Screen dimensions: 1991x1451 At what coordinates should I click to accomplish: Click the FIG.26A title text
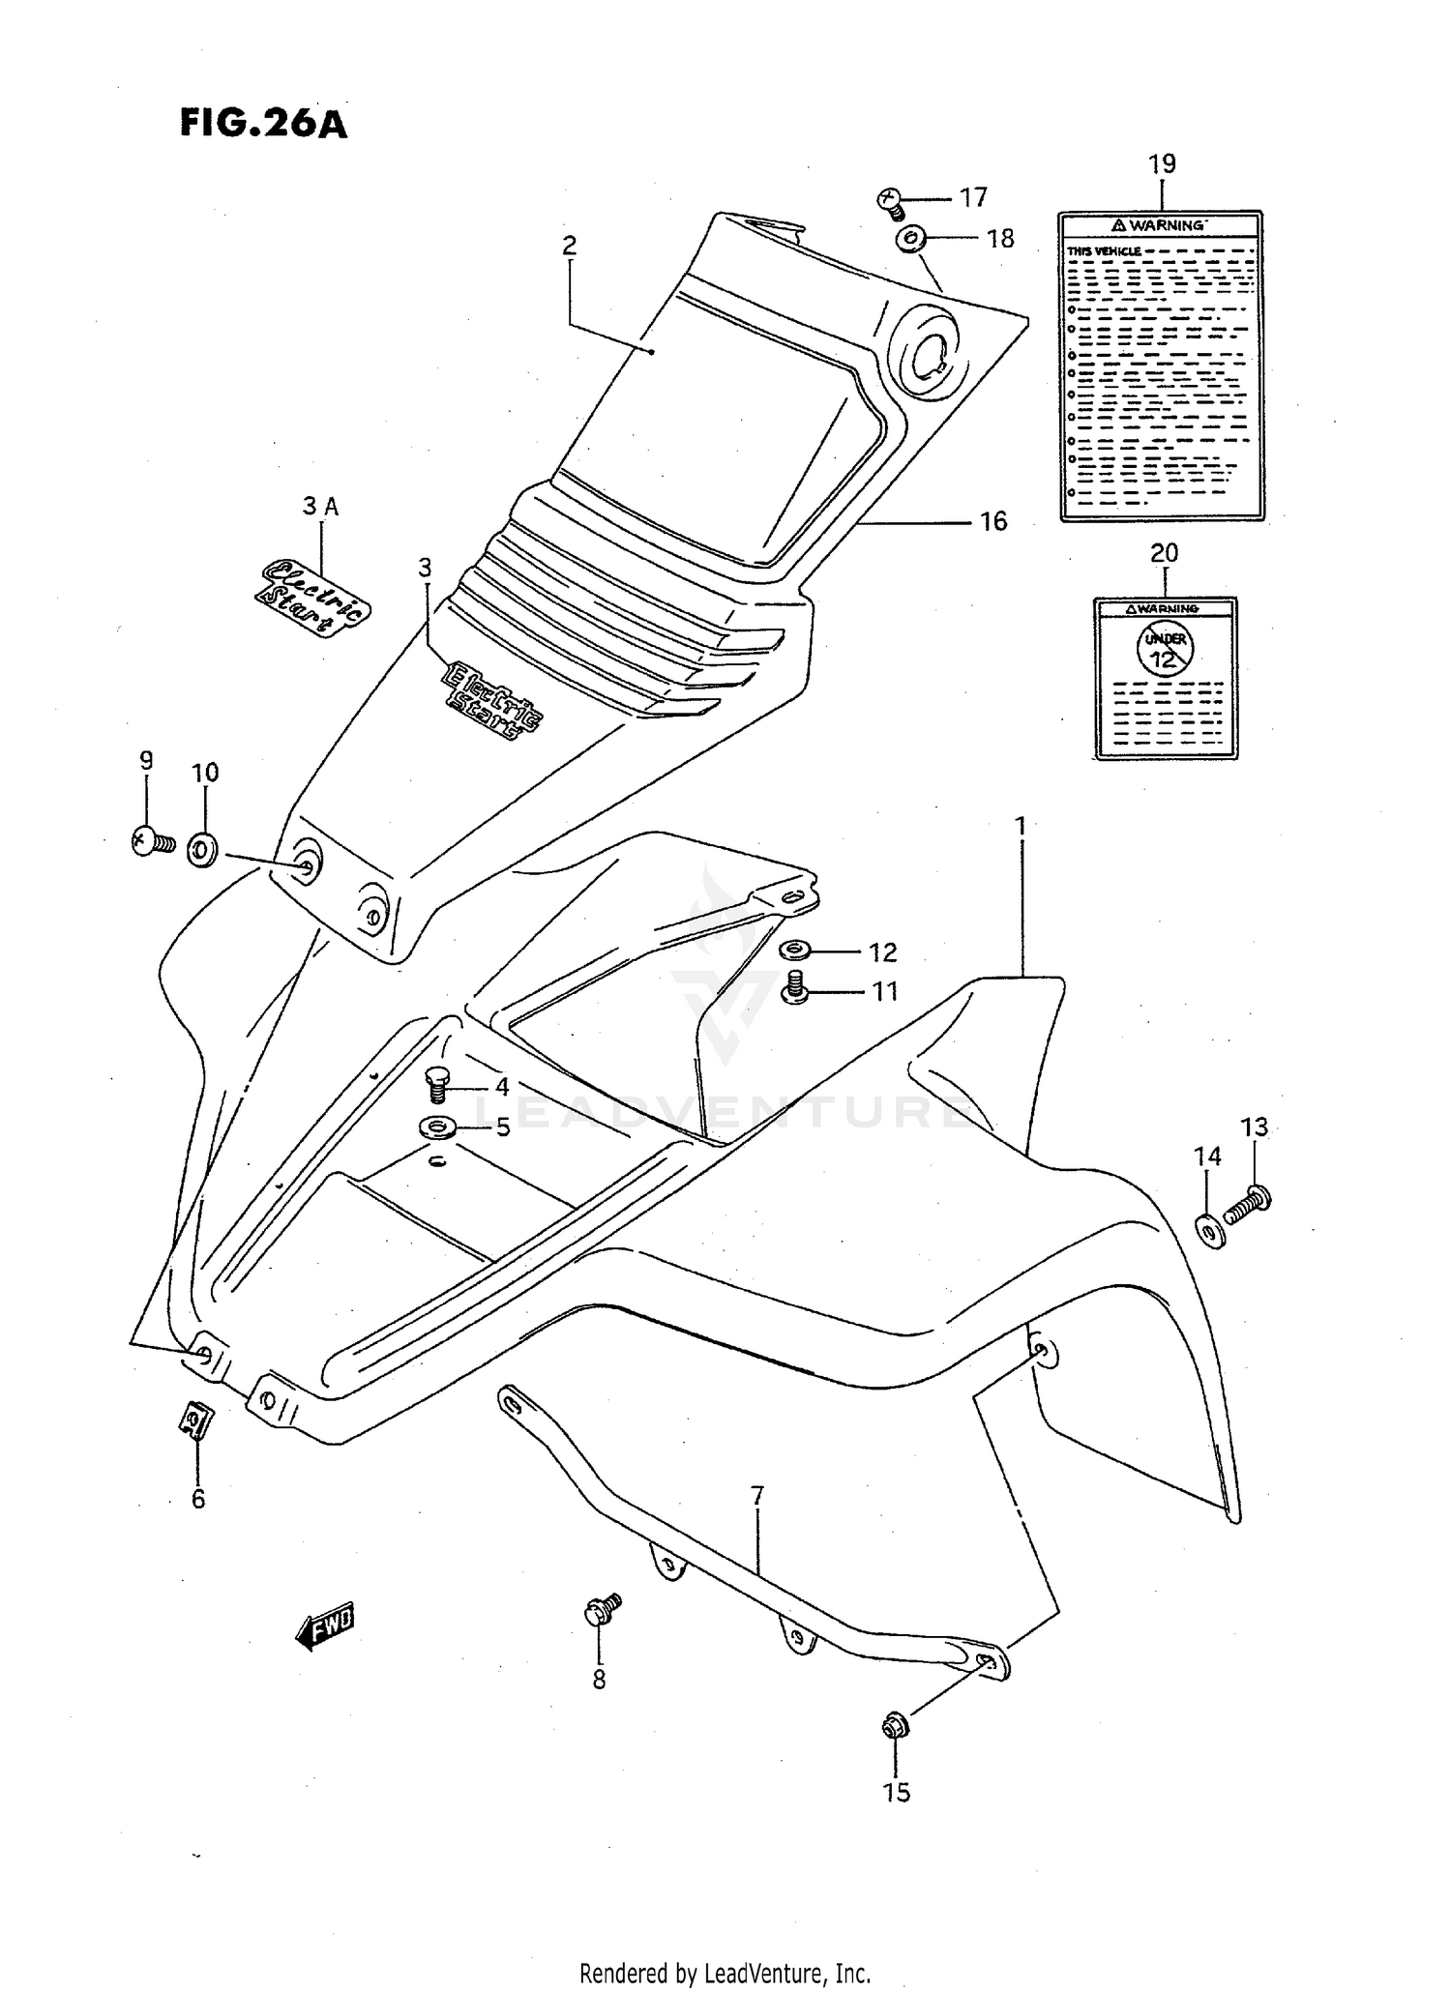tap(262, 124)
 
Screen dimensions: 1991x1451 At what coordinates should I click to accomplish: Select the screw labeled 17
tap(890, 202)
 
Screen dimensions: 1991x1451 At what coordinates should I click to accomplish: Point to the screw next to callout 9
tap(151, 841)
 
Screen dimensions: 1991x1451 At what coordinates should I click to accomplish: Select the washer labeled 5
tap(440, 1127)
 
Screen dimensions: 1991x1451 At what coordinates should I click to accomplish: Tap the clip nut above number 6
tap(196, 1420)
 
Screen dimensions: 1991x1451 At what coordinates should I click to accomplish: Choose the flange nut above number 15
tap(893, 1724)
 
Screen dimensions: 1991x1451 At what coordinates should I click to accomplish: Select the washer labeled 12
tap(796, 950)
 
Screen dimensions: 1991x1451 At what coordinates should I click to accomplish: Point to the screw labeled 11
tap(796, 988)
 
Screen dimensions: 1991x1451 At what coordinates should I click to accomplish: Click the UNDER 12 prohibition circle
tap(1166, 649)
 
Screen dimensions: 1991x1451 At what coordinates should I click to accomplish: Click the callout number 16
tap(993, 522)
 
